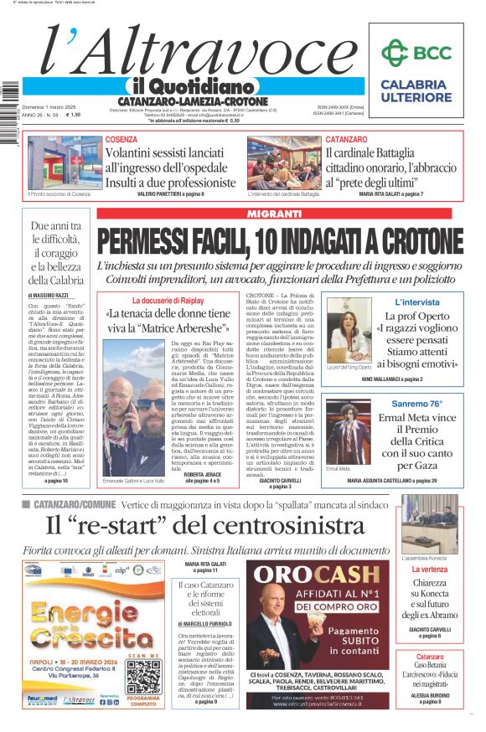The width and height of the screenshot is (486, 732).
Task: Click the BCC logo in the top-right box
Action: (416, 53)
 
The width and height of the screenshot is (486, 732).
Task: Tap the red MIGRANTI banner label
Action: (279, 214)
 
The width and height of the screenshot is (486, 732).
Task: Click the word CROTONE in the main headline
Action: (415, 243)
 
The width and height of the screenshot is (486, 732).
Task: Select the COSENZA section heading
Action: (121, 139)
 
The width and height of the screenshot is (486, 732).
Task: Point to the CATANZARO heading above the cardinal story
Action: (346, 139)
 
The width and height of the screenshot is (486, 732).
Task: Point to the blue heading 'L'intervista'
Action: (416, 302)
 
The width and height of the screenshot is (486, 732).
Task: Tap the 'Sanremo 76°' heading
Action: (416, 404)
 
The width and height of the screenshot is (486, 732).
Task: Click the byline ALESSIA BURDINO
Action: (429, 694)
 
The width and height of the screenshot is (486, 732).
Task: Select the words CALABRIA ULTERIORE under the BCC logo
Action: (415, 90)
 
